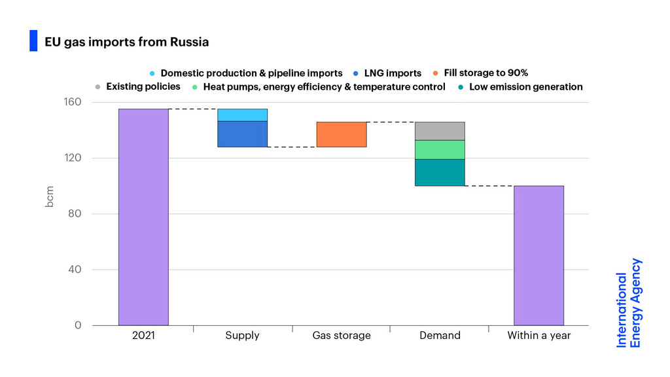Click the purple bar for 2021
(143, 217)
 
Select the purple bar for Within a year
(538, 255)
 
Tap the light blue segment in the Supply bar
(242, 115)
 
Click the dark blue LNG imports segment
(242, 134)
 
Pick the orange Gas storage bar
(341, 134)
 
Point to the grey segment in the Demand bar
(440, 131)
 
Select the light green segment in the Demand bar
(440, 150)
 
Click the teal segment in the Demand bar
(440, 172)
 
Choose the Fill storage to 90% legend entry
(485, 73)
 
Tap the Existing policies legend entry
(143, 86)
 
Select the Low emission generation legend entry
(525, 86)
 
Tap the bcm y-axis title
(50, 197)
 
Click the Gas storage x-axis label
(342, 336)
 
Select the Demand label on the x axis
(440, 336)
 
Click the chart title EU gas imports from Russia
(127, 42)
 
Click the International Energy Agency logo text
(629, 303)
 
